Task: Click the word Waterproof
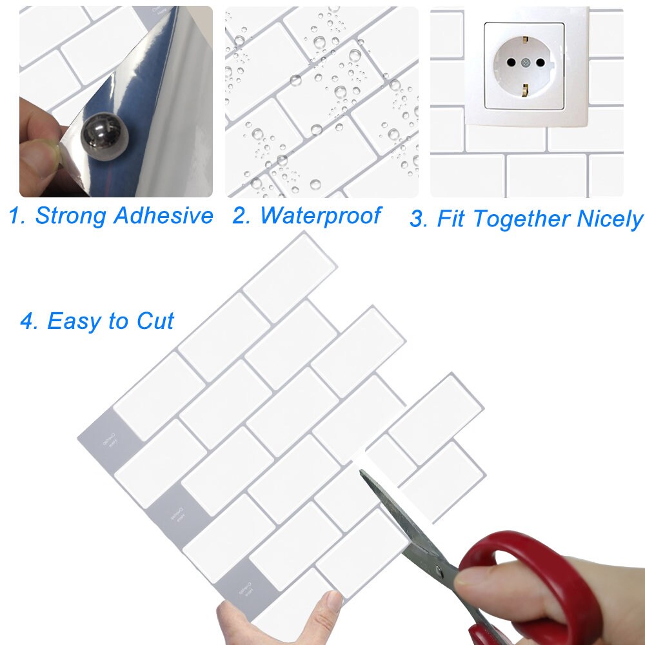tap(321, 215)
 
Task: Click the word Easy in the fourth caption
tap(77, 321)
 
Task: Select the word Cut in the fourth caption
tap(155, 321)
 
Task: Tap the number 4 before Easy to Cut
tap(28, 321)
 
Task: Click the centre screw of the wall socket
tap(525, 63)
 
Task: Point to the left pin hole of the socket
tap(510, 63)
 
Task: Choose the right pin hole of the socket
tap(541, 63)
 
